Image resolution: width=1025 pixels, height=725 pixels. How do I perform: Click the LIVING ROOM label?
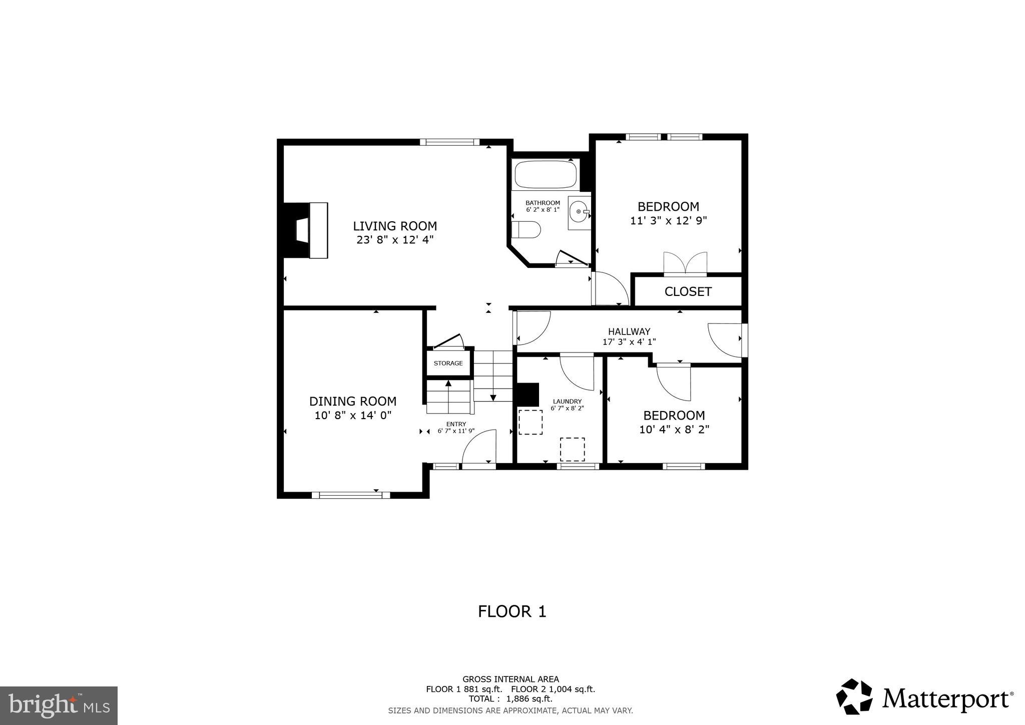click(x=395, y=226)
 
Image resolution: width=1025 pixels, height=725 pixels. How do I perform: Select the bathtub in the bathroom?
click(x=545, y=175)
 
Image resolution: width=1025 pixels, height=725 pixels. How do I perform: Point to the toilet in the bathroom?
click(x=527, y=230)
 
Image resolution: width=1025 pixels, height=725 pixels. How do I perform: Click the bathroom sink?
click(x=580, y=212)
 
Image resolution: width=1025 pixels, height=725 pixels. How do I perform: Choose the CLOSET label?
click(x=688, y=291)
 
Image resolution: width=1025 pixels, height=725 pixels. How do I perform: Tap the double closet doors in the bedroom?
click(x=685, y=263)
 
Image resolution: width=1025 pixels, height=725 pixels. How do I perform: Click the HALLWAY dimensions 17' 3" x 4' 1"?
click(x=629, y=342)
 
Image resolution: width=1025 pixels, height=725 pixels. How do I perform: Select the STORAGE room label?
click(x=448, y=363)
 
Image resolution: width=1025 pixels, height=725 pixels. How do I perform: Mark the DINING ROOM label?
click(x=353, y=401)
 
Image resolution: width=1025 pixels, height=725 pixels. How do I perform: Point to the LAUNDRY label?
click(x=567, y=401)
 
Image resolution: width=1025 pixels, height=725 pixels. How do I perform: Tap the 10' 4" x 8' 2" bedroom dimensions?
click(x=674, y=429)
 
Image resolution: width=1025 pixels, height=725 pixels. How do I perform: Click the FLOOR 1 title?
click(x=512, y=611)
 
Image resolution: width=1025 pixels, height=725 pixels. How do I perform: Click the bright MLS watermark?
click(x=59, y=706)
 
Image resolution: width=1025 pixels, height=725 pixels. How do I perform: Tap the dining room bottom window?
click(x=350, y=495)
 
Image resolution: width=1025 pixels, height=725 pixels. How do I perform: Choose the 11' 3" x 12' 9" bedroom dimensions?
click(x=668, y=220)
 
